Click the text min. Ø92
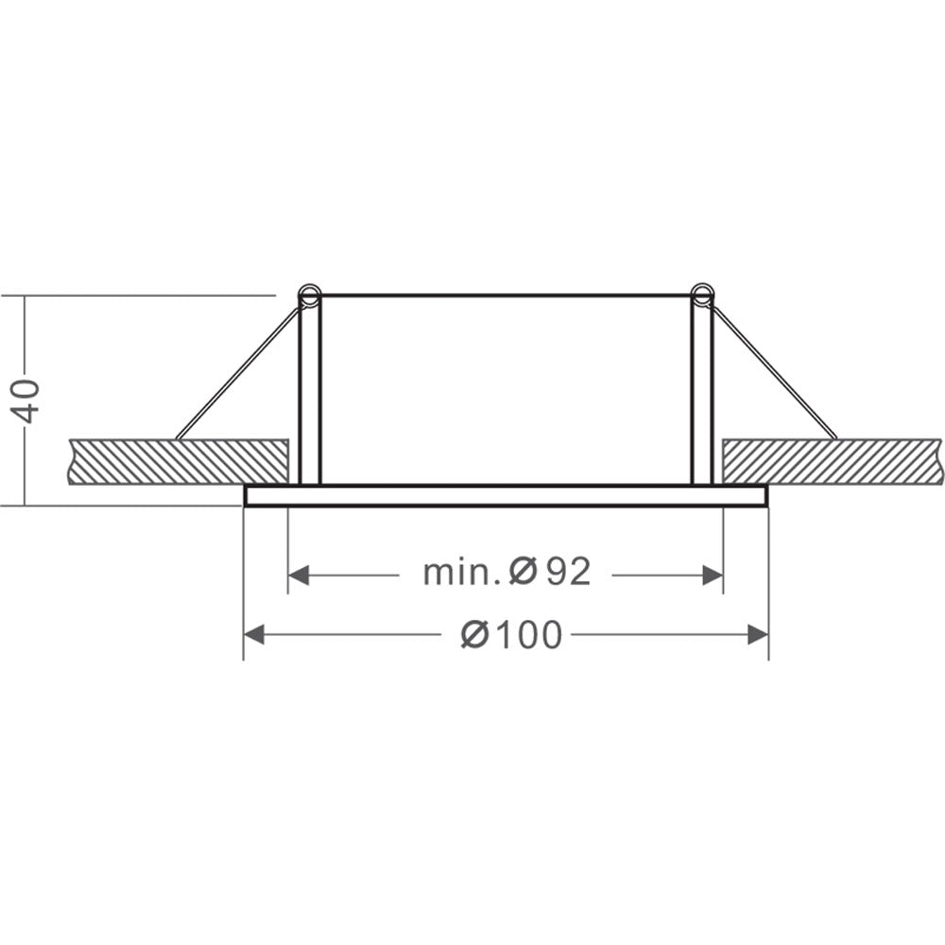click(x=507, y=572)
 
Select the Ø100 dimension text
click(x=511, y=636)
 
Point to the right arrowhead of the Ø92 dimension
click(x=713, y=575)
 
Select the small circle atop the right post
click(x=702, y=293)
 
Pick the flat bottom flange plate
click(x=506, y=496)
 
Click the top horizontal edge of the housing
click(x=506, y=296)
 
